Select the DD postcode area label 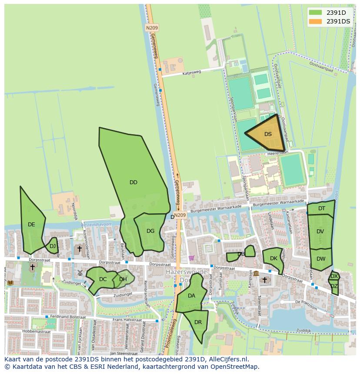(x=133, y=182)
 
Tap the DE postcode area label (x=31, y=225)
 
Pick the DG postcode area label (x=150, y=231)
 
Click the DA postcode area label (x=191, y=296)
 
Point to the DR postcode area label (x=198, y=322)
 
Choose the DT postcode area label (x=321, y=209)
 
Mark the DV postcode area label (x=320, y=232)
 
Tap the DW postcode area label (x=321, y=259)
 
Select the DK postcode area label (x=273, y=258)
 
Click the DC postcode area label (x=103, y=279)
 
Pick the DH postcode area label (x=123, y=279)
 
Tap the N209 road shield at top (x=152, y=28)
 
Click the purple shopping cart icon (x=191, y=258)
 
